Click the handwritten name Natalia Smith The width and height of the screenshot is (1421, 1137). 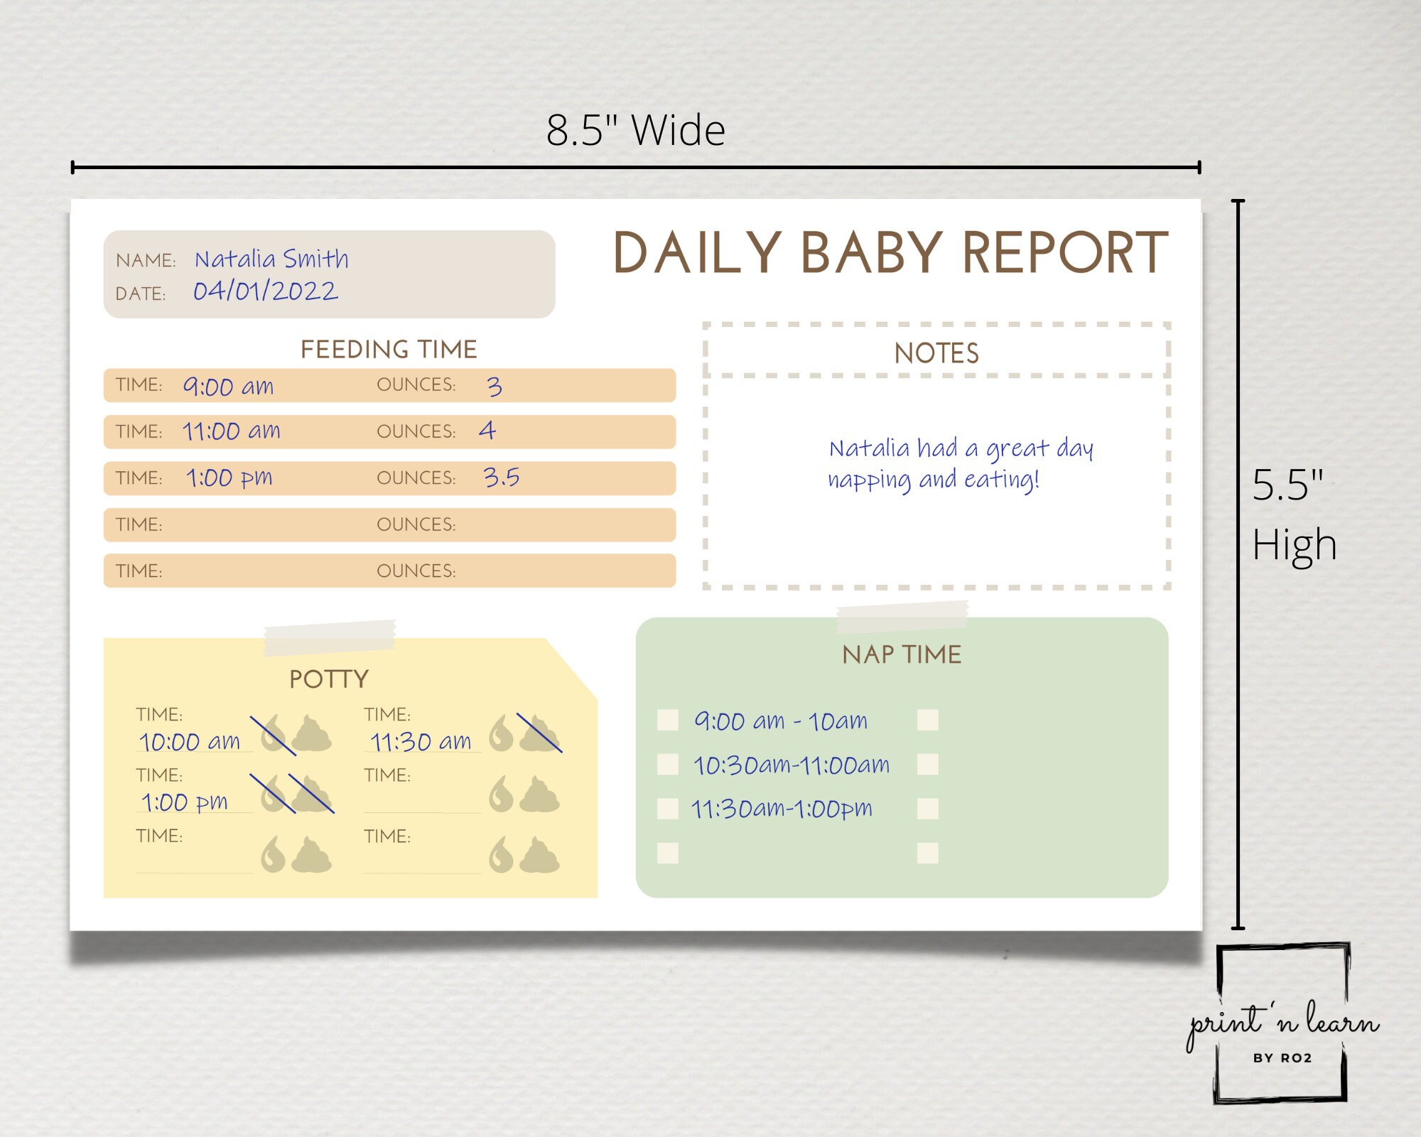point(271,259)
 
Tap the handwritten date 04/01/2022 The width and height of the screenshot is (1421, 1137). point(266,291)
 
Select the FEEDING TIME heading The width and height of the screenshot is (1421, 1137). point(389,350)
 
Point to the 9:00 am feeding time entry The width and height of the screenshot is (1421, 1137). point(228,387)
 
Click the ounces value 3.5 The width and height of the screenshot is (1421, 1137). point(502,478)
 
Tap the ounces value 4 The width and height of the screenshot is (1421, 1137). point(487,431)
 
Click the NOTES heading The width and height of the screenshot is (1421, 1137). point(936,353)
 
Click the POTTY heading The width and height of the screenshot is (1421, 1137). point(329,679)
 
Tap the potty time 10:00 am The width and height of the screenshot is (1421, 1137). point(190,742)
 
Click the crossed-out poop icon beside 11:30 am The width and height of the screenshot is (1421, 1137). point(539,733)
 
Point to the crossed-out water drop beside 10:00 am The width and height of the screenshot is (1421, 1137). point(273,736)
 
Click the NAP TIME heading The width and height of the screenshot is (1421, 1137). point(902,654)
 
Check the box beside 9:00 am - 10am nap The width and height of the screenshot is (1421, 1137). point(668,720)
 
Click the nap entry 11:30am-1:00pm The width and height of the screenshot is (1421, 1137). point(782,809)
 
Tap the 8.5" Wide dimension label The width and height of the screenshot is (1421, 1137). point(635,131)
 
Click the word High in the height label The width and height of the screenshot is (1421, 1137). point(1294,546)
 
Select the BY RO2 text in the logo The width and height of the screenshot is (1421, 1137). point(1282,1058)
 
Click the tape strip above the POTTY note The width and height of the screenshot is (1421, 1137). point(330,637)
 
